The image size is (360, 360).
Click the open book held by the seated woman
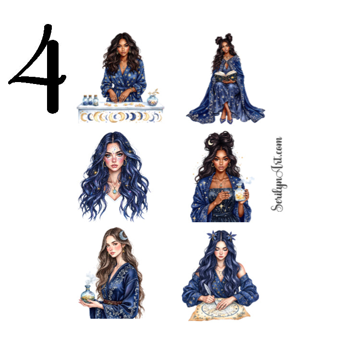225,75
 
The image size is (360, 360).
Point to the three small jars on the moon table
90,100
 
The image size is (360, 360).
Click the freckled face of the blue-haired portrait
113,159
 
